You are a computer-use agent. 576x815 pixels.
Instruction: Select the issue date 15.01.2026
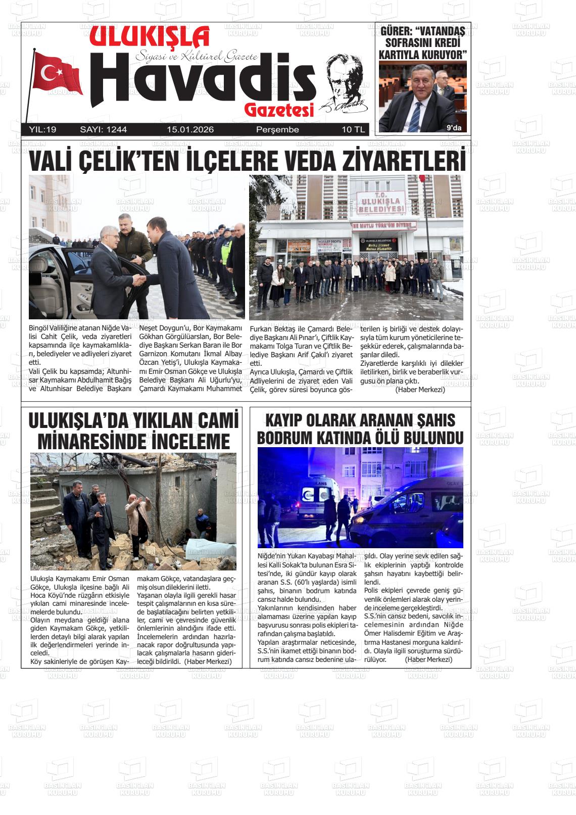point(190,130)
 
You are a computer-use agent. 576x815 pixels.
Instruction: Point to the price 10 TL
point(353,130)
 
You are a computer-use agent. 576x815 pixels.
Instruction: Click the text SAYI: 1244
point(104,130)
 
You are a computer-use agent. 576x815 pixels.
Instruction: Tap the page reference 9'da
point(454,128)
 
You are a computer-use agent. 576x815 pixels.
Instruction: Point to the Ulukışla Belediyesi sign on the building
point(380,202)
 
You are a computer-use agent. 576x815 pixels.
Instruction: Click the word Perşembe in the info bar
point(277,130)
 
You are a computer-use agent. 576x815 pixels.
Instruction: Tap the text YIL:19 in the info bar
point(43,130)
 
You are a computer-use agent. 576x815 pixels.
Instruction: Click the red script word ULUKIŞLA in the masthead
point(149,38)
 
